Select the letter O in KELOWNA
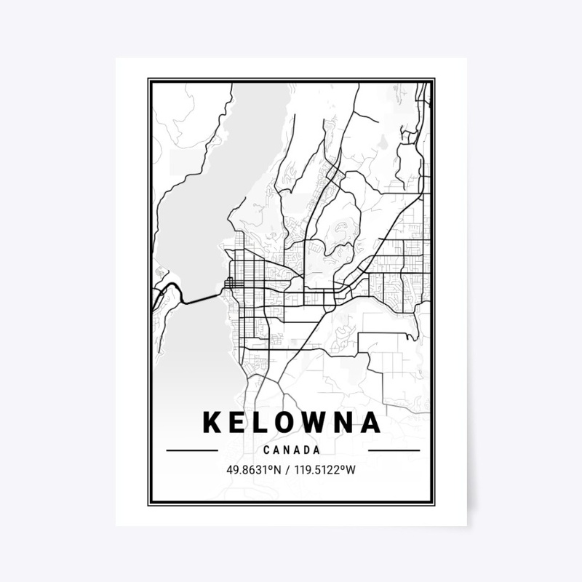(x=284, y=422)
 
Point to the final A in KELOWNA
(x=370, y=422)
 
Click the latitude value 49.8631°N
(x=253, y=469)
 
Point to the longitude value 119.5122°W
(x=325, y=469)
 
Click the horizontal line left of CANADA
(x=192, y=450)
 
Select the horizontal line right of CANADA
(x=394, y=450)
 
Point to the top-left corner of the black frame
(x=149, y=79)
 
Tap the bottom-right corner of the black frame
(x=434, y=504)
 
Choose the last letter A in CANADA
(x=317, y=450)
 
